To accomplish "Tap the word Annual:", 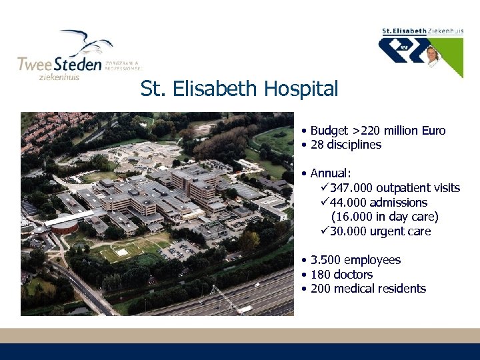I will coord(331,173).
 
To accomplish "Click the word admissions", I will coord(398,203).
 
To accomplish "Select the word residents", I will coord(402,289).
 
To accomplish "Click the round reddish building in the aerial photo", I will coord(64,227).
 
